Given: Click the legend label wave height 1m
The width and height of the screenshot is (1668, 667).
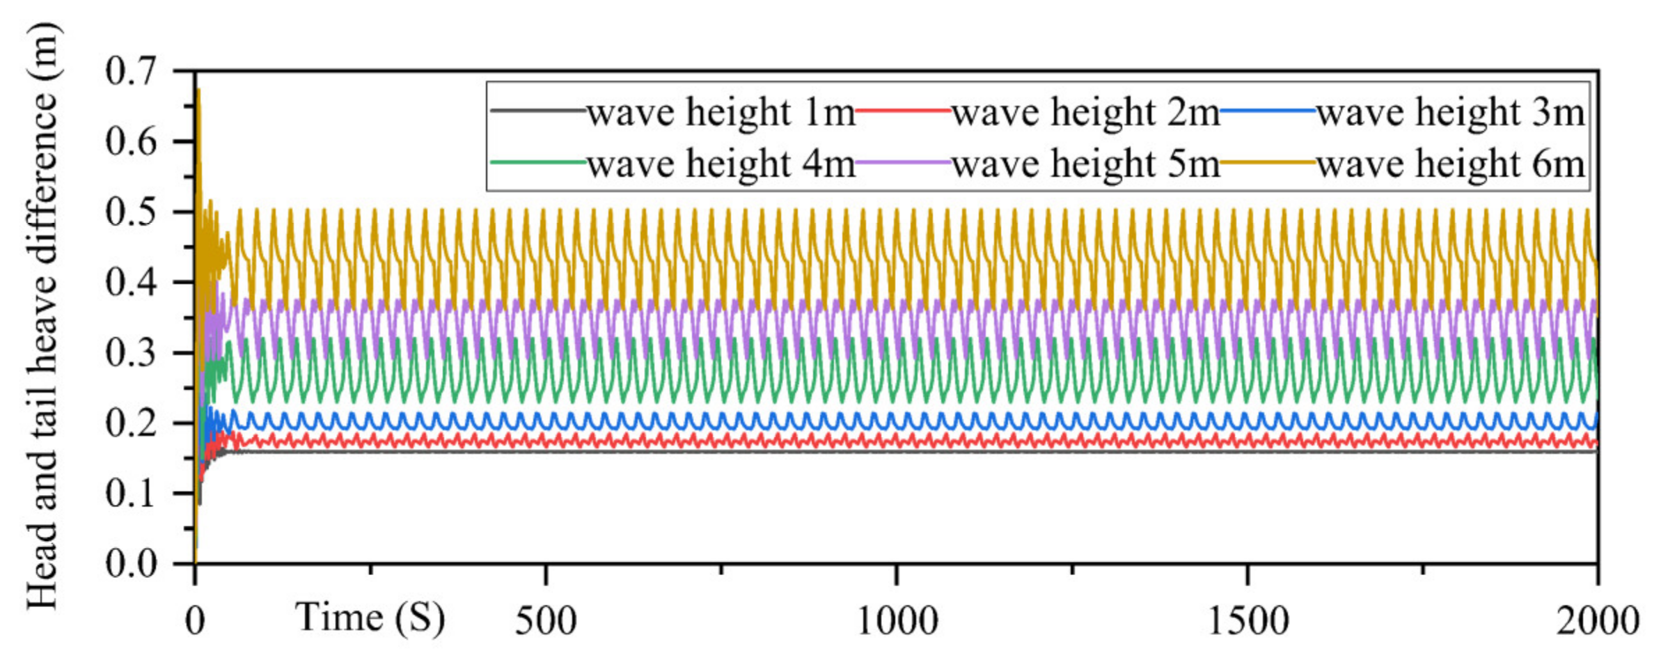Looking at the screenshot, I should (x=721, y=113).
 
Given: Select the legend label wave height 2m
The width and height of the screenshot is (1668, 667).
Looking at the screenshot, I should (x=1086, y=113).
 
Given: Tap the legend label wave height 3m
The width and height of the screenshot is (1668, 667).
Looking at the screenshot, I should (x=1451, y=113).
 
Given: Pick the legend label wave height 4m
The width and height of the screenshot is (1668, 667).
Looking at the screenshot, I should (x=721, y=165).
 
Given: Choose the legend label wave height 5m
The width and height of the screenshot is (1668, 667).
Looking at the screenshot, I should (x=1086, y=165).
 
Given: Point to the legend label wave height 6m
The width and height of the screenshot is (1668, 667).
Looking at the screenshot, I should (x=1451, y=165).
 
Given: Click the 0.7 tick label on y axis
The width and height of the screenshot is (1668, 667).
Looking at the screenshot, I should (x=132, y=71).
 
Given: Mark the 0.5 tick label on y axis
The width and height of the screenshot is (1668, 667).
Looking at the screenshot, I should (x=132, y=212).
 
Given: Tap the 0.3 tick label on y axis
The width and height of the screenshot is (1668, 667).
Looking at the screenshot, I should (x=132, y=353).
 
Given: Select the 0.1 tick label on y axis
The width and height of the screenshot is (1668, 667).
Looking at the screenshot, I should (x=132, y=494).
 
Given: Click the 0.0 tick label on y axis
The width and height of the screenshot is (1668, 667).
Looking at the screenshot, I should (x=132, y=563).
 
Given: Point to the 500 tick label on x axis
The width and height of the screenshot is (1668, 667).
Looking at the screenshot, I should (x=546, y=620).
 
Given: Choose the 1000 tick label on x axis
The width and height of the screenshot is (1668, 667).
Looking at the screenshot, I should (x=897, y=620).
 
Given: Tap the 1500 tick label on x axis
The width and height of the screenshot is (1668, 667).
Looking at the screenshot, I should (x=1248, y=620).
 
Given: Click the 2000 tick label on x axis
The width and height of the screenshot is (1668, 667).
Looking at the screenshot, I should (x=1597, y=620).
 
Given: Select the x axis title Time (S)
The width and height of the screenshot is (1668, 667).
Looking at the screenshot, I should (x=370, y=618).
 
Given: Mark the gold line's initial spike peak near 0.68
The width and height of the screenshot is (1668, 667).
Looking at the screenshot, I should (x=198, y=91).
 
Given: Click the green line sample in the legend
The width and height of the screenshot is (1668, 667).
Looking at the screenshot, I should (x=538, y=162).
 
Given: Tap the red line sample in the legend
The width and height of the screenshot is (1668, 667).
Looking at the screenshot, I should (x=903, y=111).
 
